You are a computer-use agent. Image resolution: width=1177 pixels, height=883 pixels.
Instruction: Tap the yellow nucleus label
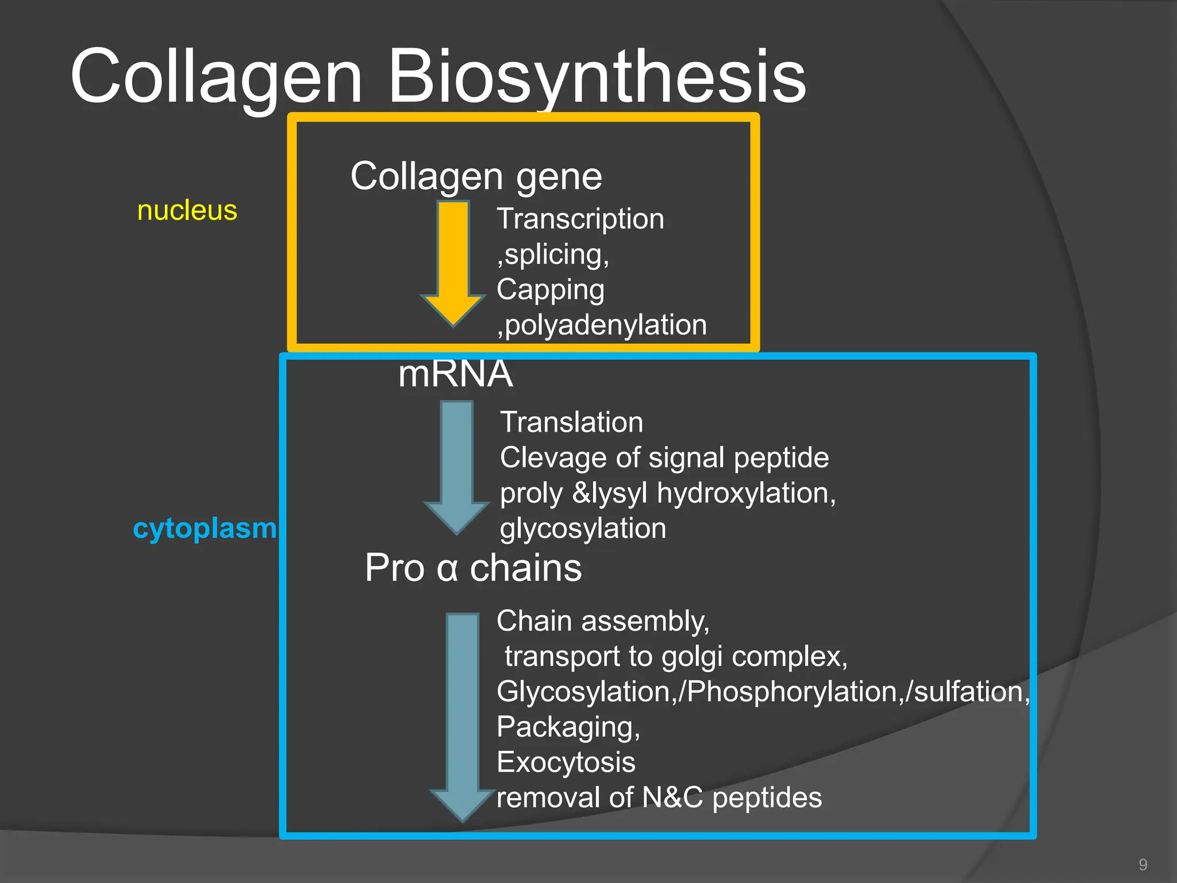(x=187, y=210)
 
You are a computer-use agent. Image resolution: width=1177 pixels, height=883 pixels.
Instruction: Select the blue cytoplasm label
(x=205, y=528)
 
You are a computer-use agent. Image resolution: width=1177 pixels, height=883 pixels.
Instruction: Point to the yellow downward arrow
(x=453, y=262)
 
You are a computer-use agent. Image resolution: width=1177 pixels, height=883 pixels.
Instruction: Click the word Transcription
(x=580, y=219)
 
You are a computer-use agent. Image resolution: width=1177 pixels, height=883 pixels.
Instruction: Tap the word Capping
(x=550, y=289)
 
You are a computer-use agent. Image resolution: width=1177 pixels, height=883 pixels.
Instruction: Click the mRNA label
(x=455, y=374)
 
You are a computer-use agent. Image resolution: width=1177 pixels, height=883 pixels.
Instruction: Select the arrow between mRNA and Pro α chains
(x=457, y=466)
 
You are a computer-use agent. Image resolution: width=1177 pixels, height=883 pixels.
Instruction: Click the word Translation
(x=571, y=423)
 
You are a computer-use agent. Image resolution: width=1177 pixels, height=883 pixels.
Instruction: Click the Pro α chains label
(x=473, y=568)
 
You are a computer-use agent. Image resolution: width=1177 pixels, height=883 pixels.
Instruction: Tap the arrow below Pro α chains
(x=463, y=713)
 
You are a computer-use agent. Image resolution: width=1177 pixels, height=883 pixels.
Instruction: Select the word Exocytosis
(x=566, y=762)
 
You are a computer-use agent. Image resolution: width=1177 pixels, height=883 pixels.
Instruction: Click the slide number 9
(x=1143, y=865)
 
